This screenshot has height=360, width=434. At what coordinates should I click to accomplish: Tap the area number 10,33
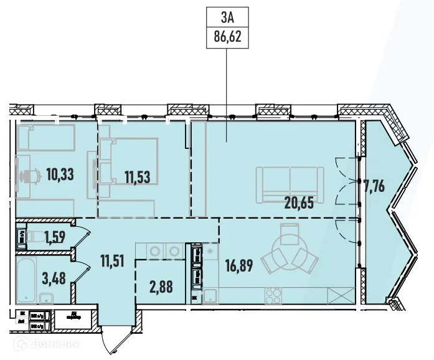[x=60, y=174]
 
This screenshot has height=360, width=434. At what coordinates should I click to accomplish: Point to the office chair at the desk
[x=27, y=176]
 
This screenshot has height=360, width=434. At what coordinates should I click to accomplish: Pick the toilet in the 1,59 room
[x=22, y=236]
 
